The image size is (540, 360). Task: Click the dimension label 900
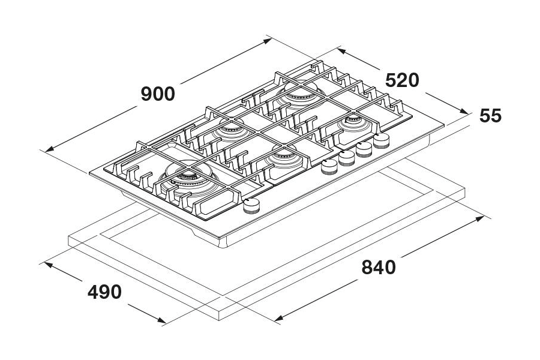(158, 94)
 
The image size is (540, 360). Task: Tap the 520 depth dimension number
(401, 80)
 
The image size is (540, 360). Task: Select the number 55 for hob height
(490, 115)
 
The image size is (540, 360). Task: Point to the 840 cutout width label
(378, 267)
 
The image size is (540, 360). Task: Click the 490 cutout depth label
(104, 292)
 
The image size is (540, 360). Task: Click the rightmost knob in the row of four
(381, 142)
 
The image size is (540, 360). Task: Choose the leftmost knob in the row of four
(329, 167)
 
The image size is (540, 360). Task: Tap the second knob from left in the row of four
(346, 158)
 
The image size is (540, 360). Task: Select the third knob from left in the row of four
(364, 150)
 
